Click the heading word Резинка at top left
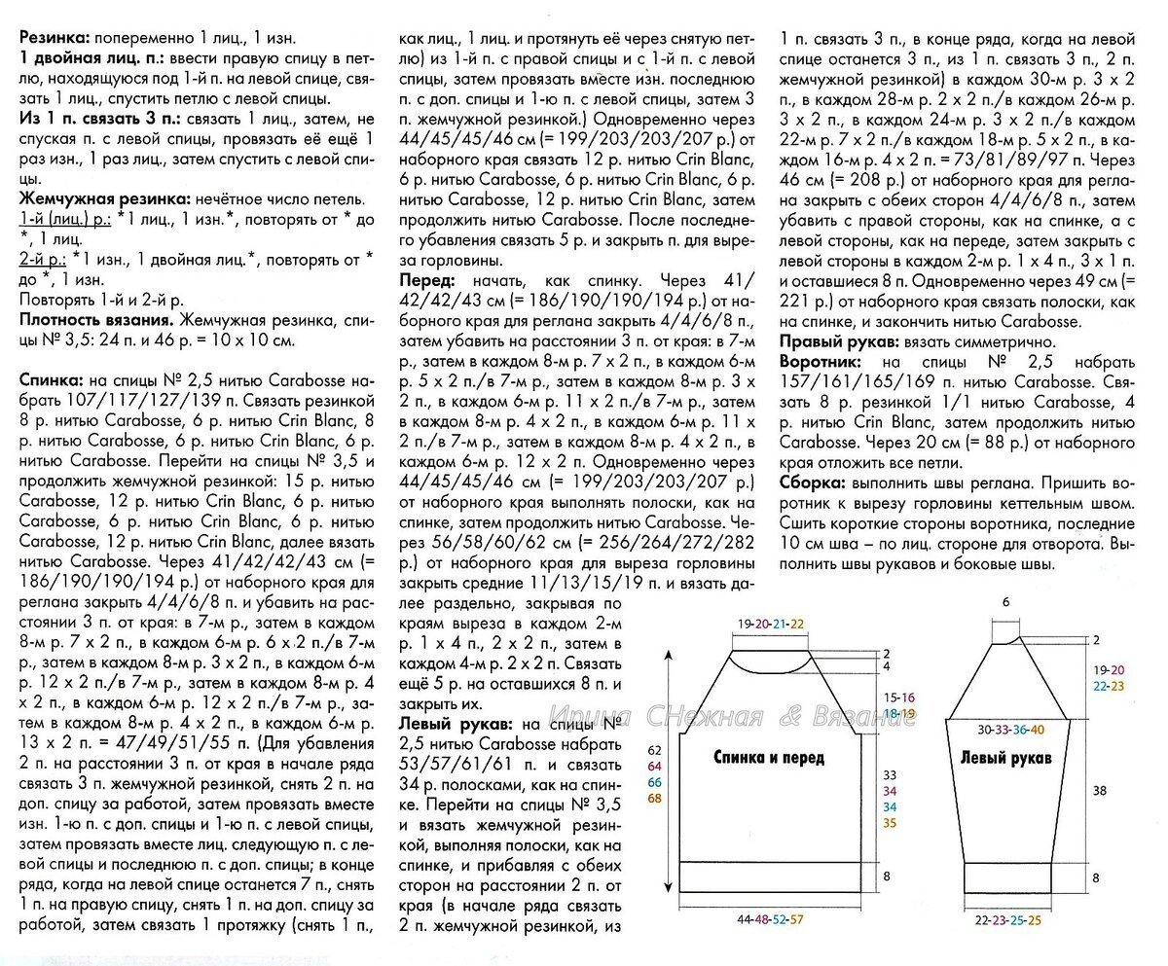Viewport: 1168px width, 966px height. (x=53, y=39)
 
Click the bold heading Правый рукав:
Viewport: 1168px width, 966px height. (x=843, y=341)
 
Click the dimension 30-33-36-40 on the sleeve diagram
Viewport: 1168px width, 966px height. (x=1012, y=729)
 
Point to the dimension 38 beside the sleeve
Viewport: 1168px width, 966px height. (x=1099, y=792)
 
